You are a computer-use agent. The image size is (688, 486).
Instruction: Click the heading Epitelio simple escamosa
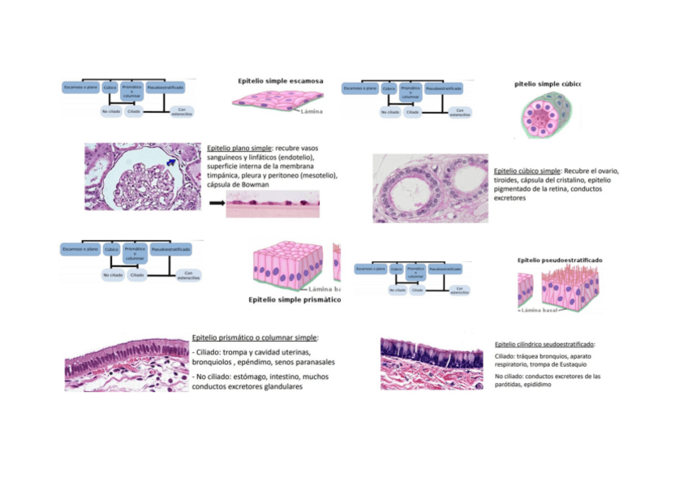pos(280,81)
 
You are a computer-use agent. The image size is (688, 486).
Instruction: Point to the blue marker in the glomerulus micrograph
pos(171,163)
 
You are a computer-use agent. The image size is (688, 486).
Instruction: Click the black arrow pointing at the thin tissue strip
pos(216,204)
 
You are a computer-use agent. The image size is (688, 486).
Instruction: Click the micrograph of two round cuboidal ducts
pos(430,189)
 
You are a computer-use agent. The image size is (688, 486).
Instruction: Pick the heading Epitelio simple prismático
pos(294,299)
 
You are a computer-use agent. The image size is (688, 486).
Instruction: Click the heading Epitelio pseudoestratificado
pos(560,260)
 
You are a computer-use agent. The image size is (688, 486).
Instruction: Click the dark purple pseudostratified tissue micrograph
pos(432,363)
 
